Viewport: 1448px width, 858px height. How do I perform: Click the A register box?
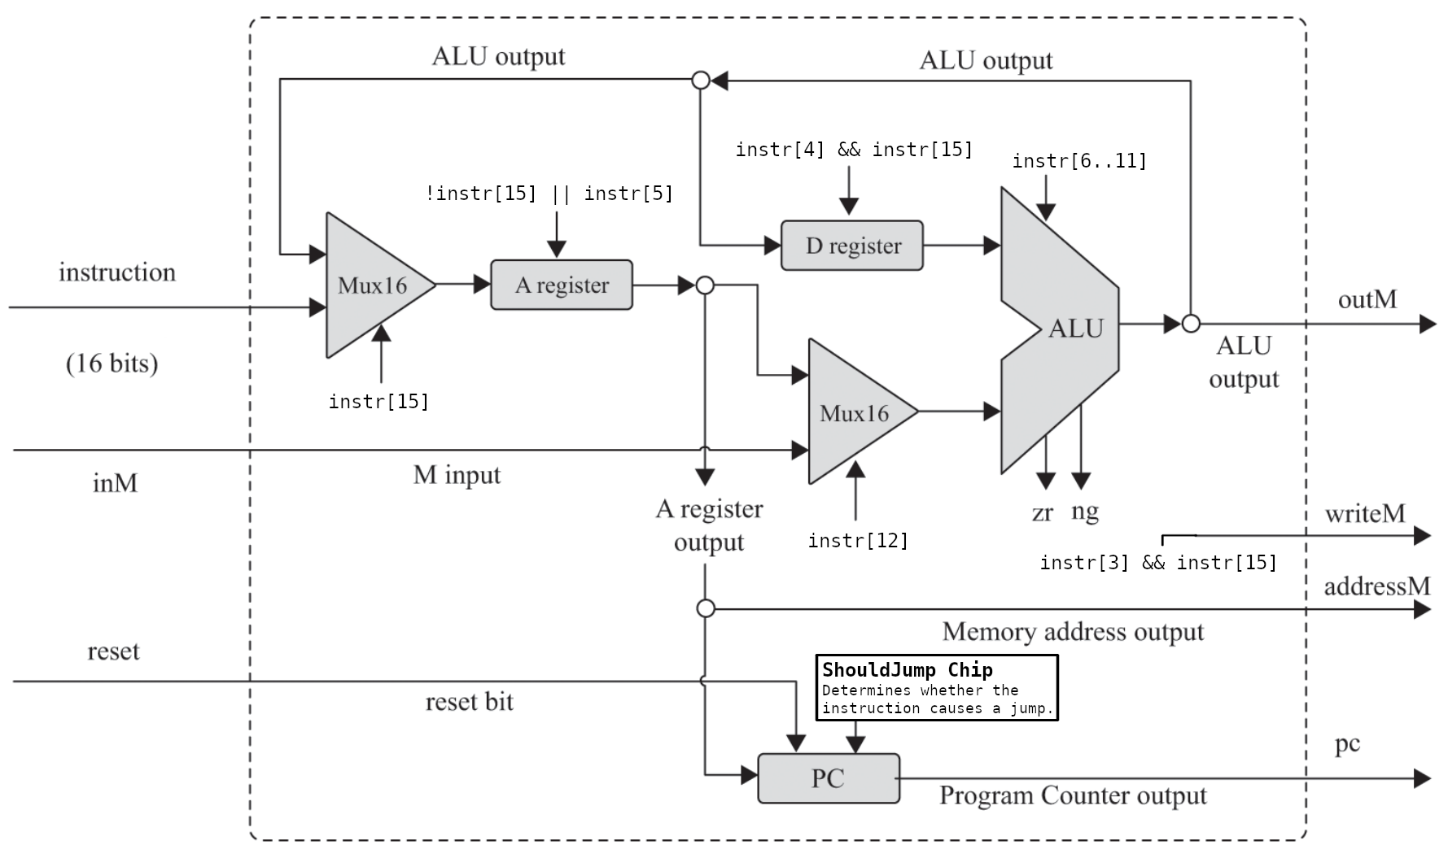tap(561, 285)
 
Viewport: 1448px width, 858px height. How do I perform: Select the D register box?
tap(851, 246)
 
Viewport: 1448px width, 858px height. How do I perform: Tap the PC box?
tap(828, 778)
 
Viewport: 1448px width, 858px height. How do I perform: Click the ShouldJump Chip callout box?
tap(936, 688)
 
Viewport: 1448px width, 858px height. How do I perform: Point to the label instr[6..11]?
tap(1079, 161)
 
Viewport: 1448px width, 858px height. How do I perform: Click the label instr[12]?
tap(857, 541)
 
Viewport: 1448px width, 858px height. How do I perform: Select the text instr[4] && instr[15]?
tap(854, 150)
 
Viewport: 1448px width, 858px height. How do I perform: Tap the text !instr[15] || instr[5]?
tap(549, 194)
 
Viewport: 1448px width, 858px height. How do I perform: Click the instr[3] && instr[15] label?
tap(1157, 563)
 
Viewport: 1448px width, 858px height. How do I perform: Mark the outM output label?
tap(1367, 299)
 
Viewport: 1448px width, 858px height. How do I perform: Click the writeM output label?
tap(1364, 514)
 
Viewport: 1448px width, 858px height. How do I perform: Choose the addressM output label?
tap(1376, 586)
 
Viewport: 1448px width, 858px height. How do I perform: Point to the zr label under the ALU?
tap(1042, 513)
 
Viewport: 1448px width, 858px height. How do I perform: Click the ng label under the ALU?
tap(1085, 512)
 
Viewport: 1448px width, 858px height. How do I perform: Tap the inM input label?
tap(115, 483)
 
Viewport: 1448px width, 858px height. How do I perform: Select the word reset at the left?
tap(113, 651)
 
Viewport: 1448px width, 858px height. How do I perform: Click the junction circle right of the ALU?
tap(1191, 324)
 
